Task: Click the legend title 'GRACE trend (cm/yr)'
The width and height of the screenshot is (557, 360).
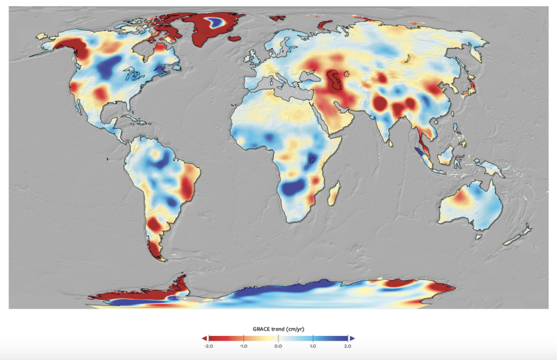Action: [278, 329]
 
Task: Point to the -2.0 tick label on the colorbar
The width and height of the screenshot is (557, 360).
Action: [208, 346]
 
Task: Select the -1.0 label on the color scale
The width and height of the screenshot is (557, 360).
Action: [243, 346]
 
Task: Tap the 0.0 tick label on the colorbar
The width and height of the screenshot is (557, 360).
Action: [278, 346]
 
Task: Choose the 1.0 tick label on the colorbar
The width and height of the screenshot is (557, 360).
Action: [313, 346]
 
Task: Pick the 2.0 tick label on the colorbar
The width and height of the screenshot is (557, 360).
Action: [348, 346]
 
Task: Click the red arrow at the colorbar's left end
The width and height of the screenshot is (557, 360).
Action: [204, 338]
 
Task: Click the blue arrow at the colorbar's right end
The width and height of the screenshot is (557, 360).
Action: [352, 338]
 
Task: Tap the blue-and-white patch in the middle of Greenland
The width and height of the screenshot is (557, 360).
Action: [215, 23]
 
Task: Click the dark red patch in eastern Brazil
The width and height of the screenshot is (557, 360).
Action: [187, 190]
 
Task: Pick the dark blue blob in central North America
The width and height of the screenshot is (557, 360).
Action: [110, 67]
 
